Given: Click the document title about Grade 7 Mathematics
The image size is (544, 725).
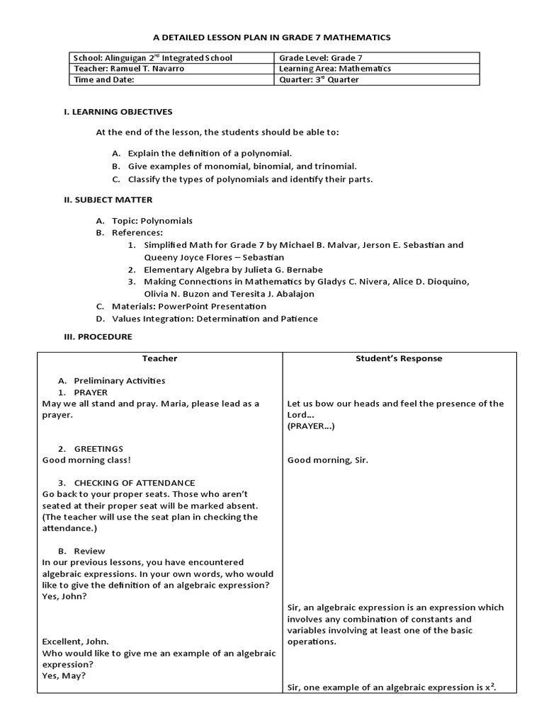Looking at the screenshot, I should pos(272,37).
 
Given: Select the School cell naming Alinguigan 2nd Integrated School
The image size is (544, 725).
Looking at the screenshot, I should pos(152,58).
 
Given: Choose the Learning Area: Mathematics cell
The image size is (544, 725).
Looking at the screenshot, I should pos(336,69).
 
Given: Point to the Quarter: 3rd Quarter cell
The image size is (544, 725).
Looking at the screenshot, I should pos(319,80).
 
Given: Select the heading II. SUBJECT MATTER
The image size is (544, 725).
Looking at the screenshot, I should pos(108,200).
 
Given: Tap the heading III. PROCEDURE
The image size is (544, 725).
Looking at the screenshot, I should pos(98,336).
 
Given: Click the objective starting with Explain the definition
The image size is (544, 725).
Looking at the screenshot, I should pos(209,153).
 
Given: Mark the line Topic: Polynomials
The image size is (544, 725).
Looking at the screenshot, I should pos(152,221).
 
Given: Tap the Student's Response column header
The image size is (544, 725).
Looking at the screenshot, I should pos(399,358).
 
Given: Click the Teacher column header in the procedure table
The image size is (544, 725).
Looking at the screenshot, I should pos(159,358).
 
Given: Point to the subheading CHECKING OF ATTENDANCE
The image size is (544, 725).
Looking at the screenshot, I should pos(134,483).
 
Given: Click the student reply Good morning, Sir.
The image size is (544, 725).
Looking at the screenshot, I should pos(327,460).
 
